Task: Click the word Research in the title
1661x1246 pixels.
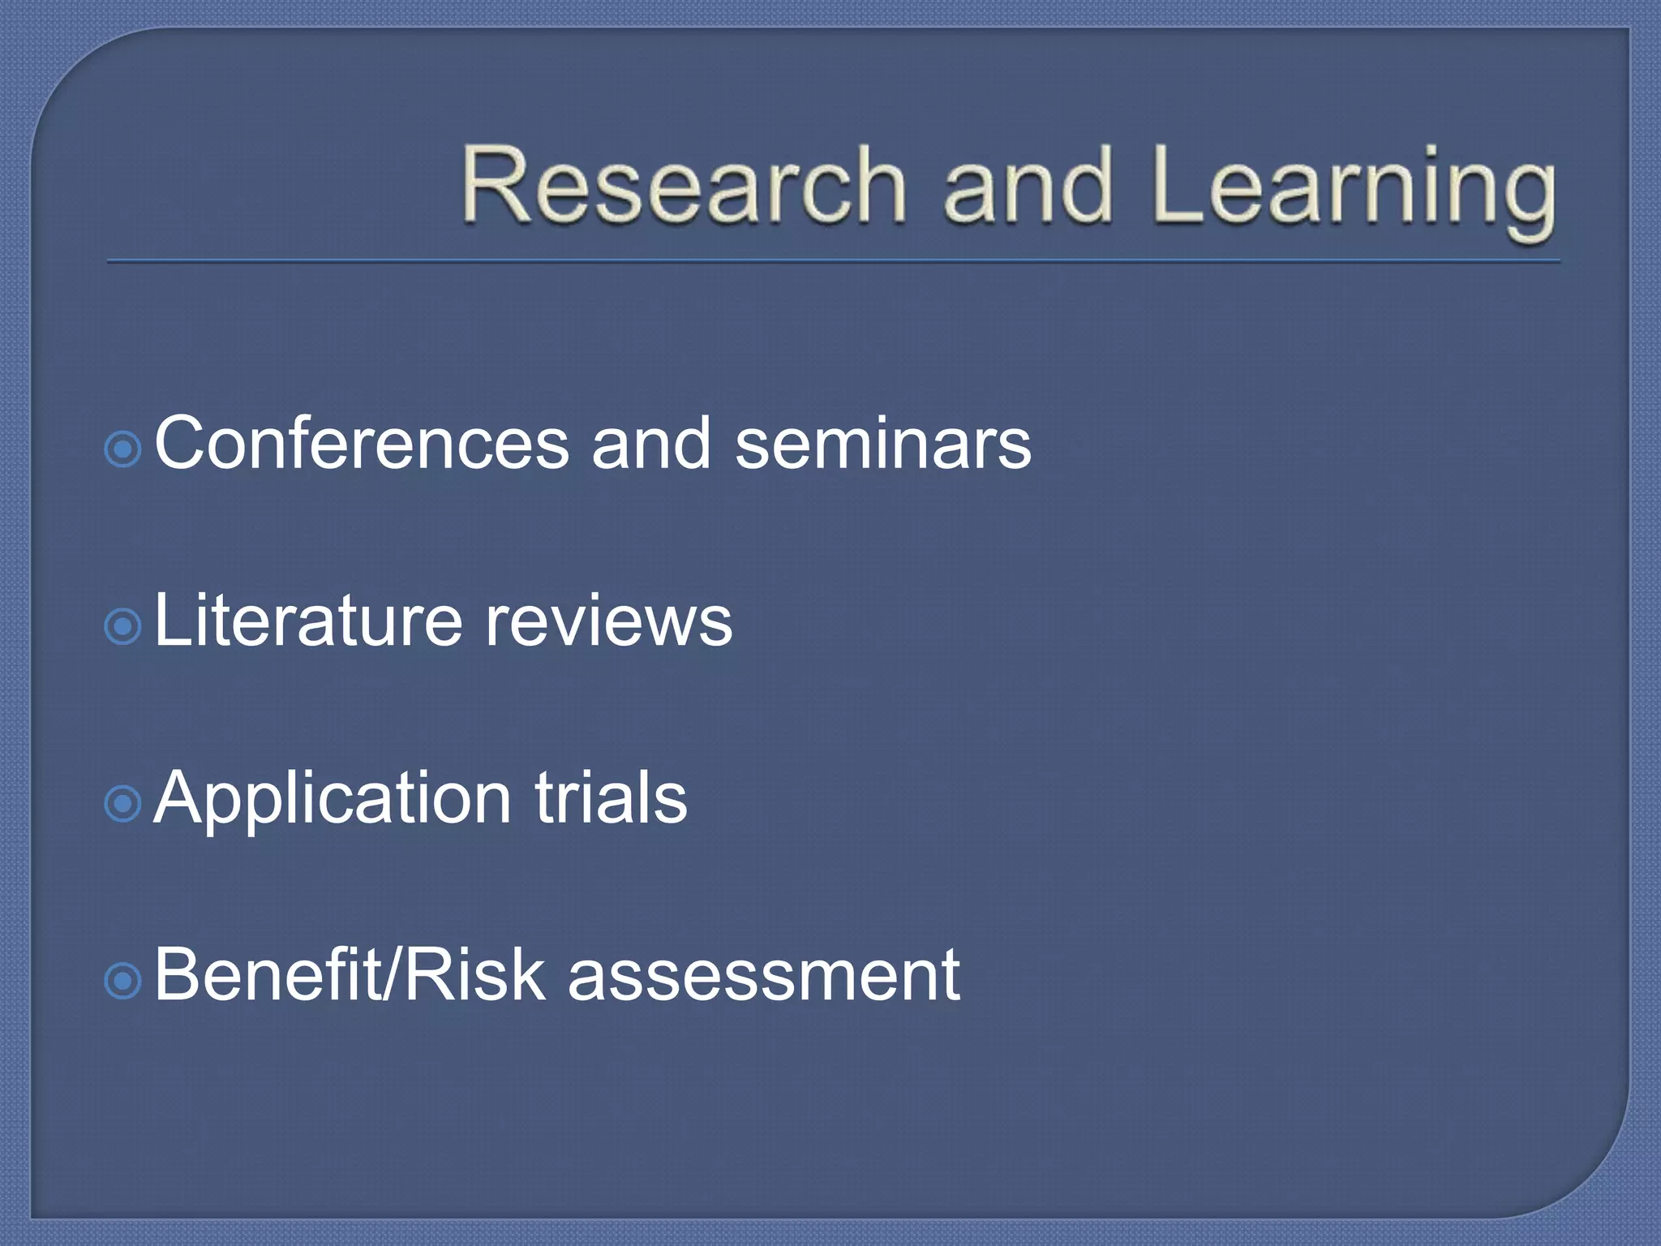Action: (683, 185)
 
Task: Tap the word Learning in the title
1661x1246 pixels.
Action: (1353, 188)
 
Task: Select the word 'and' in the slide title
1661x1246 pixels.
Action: (1027, 185)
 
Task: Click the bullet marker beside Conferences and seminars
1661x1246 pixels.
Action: (123, 449)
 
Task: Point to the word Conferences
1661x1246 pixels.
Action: (362, 444)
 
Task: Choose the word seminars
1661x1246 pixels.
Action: (882, 444)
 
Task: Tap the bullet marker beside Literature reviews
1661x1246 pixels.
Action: (123, 626)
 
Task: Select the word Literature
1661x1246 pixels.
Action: (307, 621)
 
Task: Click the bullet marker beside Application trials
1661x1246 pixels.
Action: (123, 803)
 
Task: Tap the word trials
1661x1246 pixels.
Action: (610, 798)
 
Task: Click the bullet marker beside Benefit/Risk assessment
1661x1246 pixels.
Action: (123, 982)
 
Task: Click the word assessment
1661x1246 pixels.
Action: (763, 977)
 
